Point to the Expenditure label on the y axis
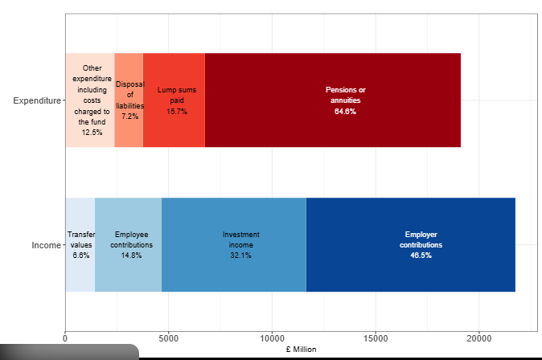coord(37,100)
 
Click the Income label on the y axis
coord(45,245)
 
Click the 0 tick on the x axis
coord(65,338)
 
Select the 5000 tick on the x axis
coord(169,338)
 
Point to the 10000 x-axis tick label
coord(273,338)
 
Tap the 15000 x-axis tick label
coord(376,338)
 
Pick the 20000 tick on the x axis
coord(479,338)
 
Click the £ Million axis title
coord(301,350)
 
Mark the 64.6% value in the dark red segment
coord(345,112)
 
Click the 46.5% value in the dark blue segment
coord(421,256)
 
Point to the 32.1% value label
coord(240,256)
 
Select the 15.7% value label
coord(177,112)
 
